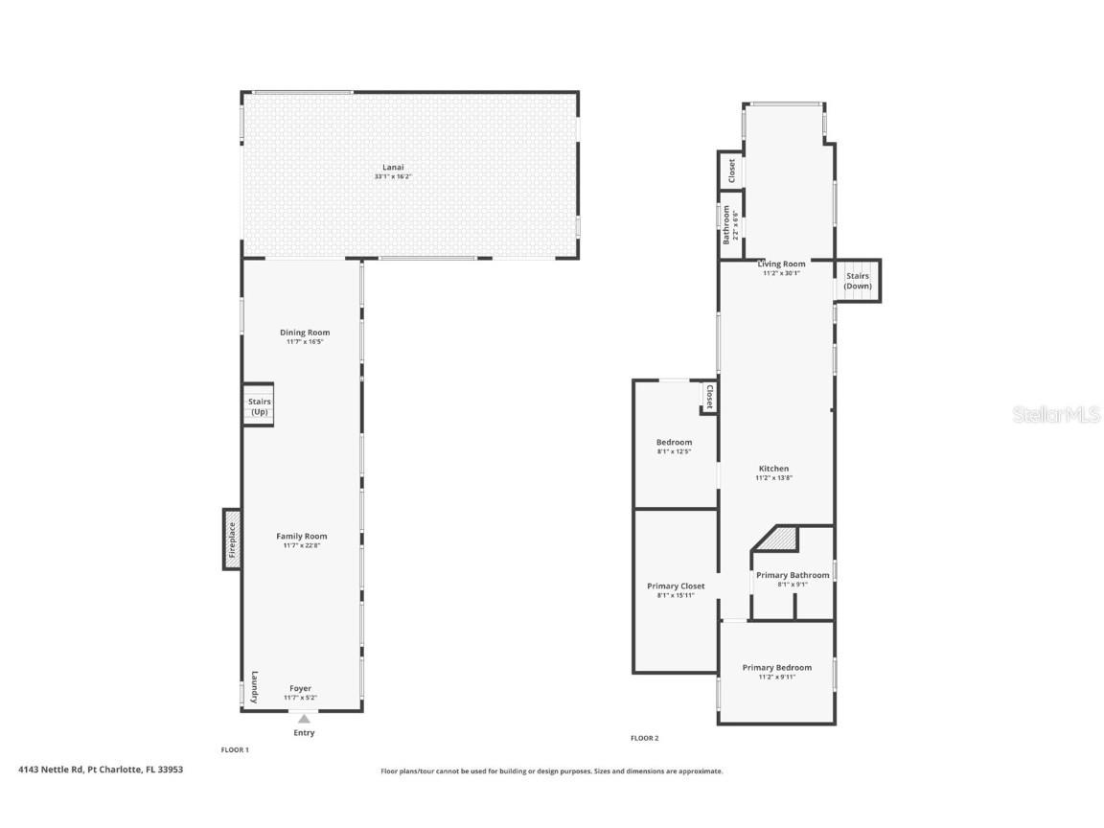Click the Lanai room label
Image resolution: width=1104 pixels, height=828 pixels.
tap(393, 167)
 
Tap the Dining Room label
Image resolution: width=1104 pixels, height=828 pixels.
tap(305, 333)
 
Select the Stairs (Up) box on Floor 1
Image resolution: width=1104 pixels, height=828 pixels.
tap(259, 404)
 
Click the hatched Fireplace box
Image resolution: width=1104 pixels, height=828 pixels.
tap(232, 540)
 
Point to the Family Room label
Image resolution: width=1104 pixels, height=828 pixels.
tap(301, 536)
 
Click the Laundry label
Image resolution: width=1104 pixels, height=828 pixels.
tap(255, 686)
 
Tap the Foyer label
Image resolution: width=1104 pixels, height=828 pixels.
tap(301, 689)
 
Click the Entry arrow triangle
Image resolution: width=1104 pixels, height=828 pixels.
tap(304, 719)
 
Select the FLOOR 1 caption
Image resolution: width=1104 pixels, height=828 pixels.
tap(235, 749)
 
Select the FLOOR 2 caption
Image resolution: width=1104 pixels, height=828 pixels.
tap(645, 738)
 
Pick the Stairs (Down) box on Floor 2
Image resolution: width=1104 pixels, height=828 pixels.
tap(858, 281)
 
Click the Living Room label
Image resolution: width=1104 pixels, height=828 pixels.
tap(782, 264)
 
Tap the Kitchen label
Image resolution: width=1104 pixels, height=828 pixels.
tap(773, 469)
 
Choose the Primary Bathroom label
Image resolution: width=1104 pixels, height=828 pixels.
tap(793, 575)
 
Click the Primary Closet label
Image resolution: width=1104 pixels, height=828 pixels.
tap(676, 586)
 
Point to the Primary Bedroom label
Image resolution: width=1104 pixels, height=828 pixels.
tap(776, 667)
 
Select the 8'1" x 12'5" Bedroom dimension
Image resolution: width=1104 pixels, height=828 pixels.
tap(675, 451)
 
